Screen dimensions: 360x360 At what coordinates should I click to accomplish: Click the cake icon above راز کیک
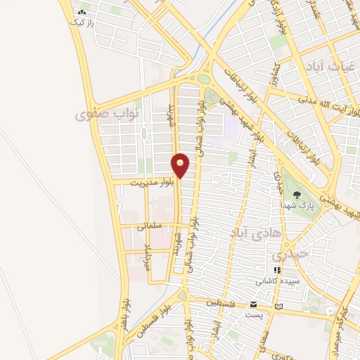click(x=82, y=12)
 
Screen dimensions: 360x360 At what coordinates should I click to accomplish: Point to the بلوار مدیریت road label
click(x=144, y=181)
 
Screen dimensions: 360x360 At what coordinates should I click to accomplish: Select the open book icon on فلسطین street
click(x=280, y=307)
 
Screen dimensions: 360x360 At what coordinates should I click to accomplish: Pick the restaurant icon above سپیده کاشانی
click(x=277, y=269)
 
